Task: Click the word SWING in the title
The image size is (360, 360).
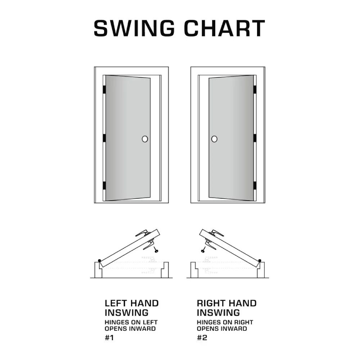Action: point(134,28)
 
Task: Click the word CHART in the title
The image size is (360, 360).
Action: point(225,28)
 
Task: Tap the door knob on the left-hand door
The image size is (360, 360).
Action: point(145,139)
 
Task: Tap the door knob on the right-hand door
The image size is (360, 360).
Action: point(214,139)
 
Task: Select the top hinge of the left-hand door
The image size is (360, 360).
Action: point(104,90)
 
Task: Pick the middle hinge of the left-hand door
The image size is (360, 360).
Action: point(104,138)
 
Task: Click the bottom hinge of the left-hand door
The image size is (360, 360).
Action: point(104,185)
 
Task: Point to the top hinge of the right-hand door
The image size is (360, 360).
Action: point(255,90)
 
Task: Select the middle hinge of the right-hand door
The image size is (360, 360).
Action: point(255,138)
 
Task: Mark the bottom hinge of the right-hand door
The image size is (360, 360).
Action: point(255,185)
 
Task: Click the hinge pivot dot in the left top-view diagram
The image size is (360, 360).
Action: point(99,261)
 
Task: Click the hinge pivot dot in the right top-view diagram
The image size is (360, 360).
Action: point(260,261)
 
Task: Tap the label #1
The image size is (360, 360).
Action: point(109,338)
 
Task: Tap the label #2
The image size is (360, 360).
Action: point(202,338)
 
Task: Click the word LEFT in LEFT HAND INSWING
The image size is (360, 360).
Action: point(114,303)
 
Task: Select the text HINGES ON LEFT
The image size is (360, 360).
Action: point(131,322)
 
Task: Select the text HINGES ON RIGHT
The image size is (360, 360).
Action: point(225,322)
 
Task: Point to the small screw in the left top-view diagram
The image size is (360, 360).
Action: point(156,250)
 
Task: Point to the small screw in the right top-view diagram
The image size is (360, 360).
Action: point(203,250)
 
